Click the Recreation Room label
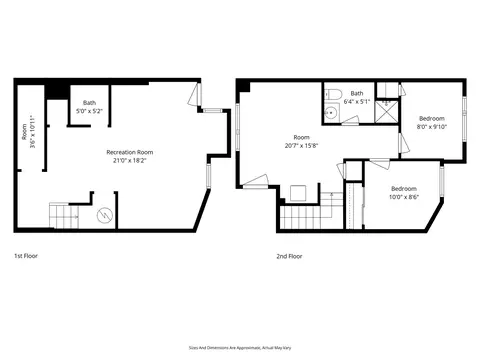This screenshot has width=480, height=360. click(130, 152)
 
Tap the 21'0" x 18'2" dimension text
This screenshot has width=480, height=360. click(130, 160)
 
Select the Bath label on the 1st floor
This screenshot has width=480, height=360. click(89, 102)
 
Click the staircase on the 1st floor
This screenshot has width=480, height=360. click(63, 215)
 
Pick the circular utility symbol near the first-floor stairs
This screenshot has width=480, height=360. click(103, 215)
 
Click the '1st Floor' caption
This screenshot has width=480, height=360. click(26, 256)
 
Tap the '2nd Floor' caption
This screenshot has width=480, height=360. click(289, 256)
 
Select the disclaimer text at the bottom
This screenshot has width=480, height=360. click(239, 342)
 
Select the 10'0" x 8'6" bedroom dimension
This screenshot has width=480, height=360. click(404, 197)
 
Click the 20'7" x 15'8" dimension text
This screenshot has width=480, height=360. click(301, 145)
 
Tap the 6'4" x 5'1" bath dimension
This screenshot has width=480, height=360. click(356, 101)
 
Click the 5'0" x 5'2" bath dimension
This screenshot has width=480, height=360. click(89, 110)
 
